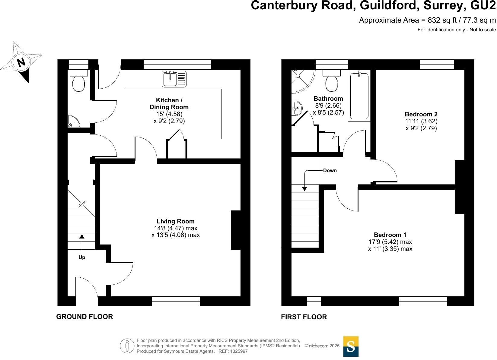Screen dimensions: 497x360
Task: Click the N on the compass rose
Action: coord(21,62)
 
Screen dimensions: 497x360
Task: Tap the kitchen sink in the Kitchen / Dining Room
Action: coord(174,79)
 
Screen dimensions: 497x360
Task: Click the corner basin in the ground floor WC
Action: coord(73,122)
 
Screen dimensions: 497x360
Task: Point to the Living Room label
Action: coord(176,221)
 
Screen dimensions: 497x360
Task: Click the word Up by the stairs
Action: coord(82,257)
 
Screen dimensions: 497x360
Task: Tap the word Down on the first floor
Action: coord(330,170)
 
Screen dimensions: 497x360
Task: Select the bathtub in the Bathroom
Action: coord(359,96)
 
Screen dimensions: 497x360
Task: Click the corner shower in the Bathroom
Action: coord(302,81)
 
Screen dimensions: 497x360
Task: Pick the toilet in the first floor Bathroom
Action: coord(331,81)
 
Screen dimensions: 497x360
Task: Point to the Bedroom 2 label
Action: coord(421,114)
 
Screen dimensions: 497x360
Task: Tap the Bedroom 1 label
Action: coord(390,235)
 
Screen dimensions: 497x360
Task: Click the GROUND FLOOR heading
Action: coord(84,317)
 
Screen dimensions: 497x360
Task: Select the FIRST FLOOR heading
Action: coord(304,317)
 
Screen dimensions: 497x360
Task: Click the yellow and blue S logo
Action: coord(351,346)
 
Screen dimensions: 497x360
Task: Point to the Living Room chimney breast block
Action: coord(236,230)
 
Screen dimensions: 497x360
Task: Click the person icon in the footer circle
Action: coord(127,346)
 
